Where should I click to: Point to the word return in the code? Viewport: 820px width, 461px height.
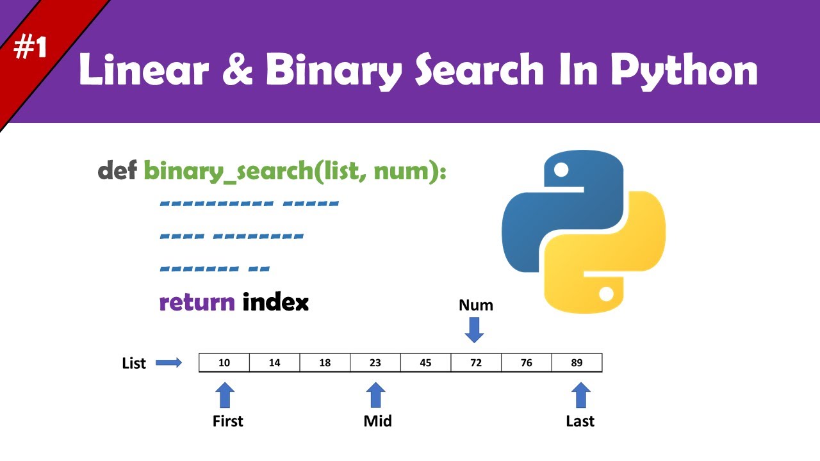[197, 302]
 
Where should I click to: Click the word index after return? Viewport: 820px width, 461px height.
[275, 302]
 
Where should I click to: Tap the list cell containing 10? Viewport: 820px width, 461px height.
[224, 363]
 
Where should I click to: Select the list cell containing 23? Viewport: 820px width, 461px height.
[375, 363]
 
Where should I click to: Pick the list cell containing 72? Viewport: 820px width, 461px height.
[476, 363]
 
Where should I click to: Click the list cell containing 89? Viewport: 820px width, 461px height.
[577, 363]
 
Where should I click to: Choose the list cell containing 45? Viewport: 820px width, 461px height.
[425, 363]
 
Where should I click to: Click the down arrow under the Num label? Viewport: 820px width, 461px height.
[475, 329]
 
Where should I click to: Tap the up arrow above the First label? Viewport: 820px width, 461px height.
[225, 395]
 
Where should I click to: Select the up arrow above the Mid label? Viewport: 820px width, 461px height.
[375, 395]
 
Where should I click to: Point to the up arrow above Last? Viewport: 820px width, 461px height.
[580, 395]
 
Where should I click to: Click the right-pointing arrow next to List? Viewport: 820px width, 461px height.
[169, 363]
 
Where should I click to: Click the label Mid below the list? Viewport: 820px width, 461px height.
[377, 421]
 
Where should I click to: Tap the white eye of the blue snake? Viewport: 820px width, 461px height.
[562, 170]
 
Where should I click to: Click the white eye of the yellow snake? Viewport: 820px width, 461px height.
[606, 294]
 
